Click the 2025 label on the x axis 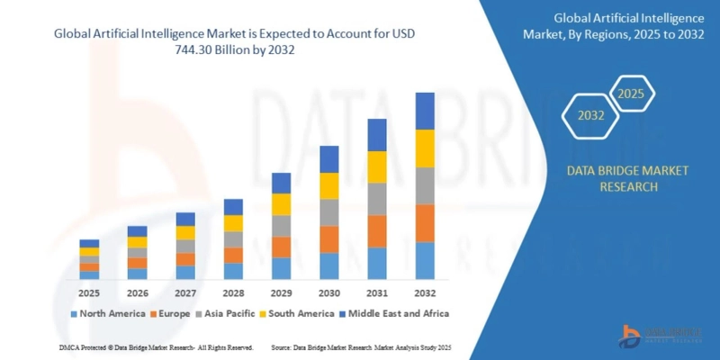[89, 293]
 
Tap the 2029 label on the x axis [282, 293]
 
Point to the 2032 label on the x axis [425, 293]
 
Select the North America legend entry [111, 313]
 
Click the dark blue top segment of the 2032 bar [425, 111]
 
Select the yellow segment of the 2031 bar [377, 166]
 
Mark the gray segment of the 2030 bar [329, 212]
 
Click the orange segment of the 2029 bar [282, 247]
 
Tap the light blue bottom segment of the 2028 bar [233, 271]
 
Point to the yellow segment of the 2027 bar [185, 232]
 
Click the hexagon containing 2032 [589, 115]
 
